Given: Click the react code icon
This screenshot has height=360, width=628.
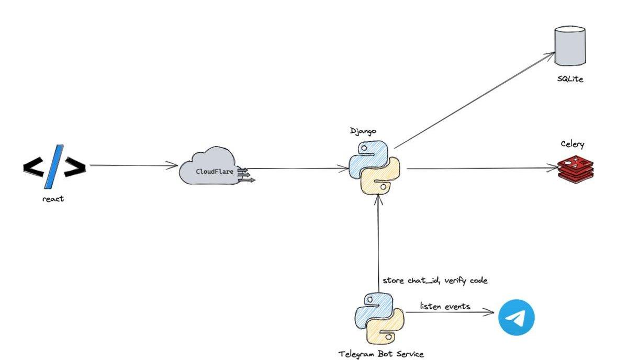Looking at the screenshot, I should (x=54, y=166).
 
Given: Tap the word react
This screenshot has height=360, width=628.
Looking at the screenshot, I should (x=53, y=199).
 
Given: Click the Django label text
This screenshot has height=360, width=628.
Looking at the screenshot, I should (x=363, y=131).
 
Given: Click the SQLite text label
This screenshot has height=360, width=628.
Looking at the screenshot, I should (x=570, y=80).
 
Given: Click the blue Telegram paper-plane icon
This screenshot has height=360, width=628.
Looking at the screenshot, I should (x=516, y=317).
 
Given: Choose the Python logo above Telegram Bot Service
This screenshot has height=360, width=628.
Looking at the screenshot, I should (x=379, y=317).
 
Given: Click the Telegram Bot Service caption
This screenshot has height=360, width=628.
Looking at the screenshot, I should (x=381, y=354).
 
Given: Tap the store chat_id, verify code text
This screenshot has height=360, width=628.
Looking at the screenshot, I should (x=435, y=280).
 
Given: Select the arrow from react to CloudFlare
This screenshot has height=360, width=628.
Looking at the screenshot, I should (x=133, y=166).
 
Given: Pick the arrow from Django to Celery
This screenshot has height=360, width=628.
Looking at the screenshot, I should (x=481, y=168).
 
